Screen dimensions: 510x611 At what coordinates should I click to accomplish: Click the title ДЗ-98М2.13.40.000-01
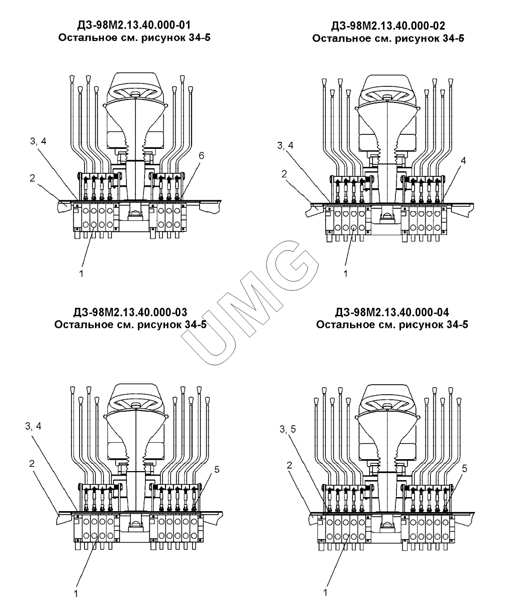pos(134,25)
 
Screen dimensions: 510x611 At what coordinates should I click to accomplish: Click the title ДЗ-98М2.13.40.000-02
pos(388,26)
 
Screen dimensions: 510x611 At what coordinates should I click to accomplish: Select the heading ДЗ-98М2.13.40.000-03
pos(130,312)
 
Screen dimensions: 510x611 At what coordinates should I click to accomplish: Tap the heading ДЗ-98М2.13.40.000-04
pos(392,312)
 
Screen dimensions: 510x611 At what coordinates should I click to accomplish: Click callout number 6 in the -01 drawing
pos(201,156)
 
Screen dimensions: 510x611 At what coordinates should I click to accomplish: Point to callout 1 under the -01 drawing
pos(81,274)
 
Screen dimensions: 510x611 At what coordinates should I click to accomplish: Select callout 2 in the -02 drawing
pos(284,174)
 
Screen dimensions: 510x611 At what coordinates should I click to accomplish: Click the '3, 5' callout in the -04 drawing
pos(287,429)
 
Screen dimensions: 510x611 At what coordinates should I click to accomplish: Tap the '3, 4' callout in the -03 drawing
pos(33,426)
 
